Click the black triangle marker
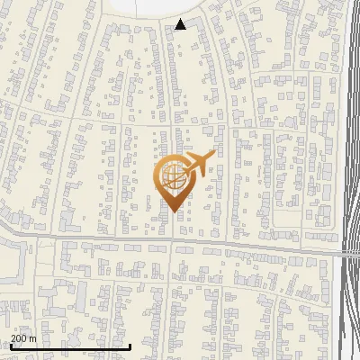point(181,24)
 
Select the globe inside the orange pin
point(173,176)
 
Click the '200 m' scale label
point(23,337)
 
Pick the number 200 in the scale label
point(19,337)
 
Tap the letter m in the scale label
point(32,338)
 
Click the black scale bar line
point(70,346)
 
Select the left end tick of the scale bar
point(11,345)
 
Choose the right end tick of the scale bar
point(130,345)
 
